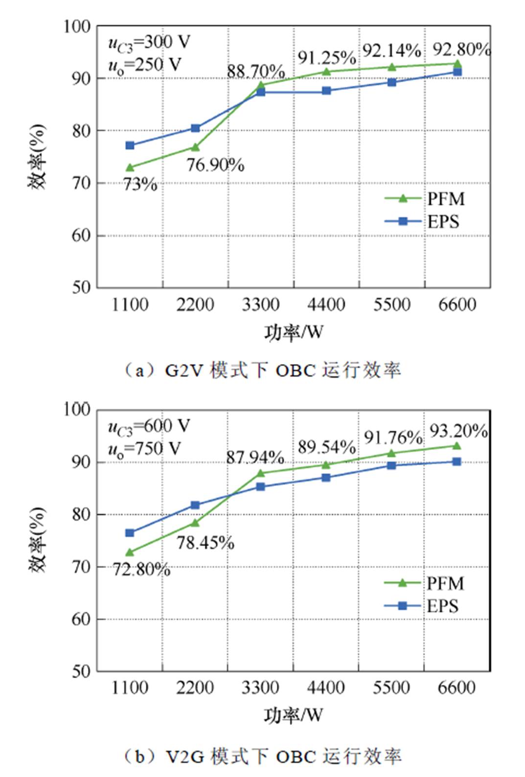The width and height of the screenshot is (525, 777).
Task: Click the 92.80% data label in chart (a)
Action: tap(461, 49)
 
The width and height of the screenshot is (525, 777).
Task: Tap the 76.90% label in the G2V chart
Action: tap(215, 165)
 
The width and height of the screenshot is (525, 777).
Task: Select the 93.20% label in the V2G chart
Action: tap(458, 431)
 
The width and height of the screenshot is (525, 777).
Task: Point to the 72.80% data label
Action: tap(141, 570)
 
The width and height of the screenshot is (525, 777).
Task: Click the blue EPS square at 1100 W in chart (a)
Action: tap(130, 145)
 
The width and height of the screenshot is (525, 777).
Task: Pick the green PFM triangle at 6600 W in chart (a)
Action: tap(457, 64)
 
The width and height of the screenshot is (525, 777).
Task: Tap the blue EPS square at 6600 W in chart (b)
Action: tap(457, 461)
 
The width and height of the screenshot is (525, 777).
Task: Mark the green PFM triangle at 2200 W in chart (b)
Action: tap(195, 523)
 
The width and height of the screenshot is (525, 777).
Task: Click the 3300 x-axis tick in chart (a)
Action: tap(260, 305)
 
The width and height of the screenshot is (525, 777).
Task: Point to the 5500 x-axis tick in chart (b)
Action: tap(391, 688)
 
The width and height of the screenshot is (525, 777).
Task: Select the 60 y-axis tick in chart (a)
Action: tap(81, 235)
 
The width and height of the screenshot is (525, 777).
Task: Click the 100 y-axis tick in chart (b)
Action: tap(77, 409)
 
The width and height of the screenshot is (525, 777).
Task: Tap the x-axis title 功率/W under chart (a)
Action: tap(294, 333)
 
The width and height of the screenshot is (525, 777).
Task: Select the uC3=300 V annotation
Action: tap(149, 43)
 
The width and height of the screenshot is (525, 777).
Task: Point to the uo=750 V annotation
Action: tap(144, 448)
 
